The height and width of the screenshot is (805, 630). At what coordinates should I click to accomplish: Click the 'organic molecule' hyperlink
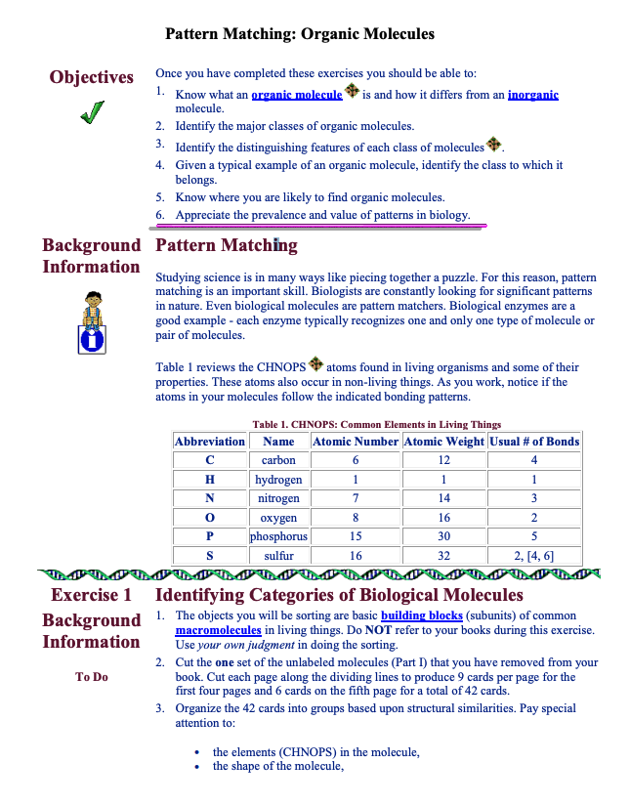click(296, 95)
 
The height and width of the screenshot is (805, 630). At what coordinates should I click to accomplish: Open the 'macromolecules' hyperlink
click(218, 631)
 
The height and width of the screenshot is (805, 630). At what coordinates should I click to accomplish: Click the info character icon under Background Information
click(92, 321)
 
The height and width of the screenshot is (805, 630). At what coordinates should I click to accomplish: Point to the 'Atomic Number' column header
click(356, 442)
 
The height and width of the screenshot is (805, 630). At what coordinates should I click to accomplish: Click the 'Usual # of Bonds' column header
click(534, 442)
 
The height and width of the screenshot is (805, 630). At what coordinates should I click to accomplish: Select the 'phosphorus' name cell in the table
click(278, 536)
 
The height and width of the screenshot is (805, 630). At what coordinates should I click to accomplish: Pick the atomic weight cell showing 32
click(443, 556)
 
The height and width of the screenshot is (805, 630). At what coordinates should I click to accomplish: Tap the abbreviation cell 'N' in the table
click(209, 498)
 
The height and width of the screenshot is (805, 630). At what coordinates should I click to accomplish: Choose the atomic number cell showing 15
click(356, 536)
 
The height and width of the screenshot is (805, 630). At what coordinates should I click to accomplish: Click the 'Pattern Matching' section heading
click(227, 245)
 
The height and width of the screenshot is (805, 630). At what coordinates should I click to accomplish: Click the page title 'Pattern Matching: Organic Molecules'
click(300, 34)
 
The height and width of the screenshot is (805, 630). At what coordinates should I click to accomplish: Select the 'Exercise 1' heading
click(91, 595)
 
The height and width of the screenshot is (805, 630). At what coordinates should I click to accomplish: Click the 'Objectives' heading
click(92, 77)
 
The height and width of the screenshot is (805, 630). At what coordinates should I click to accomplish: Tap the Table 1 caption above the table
click(376, 425)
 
